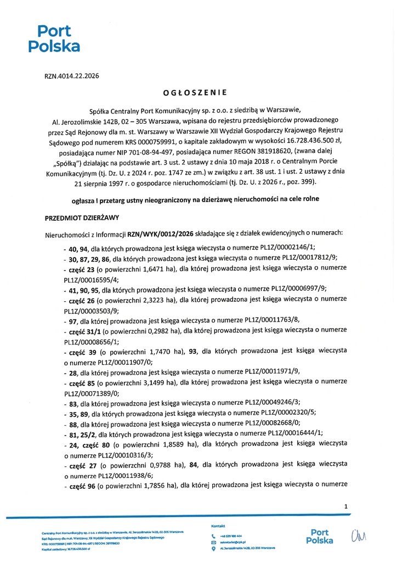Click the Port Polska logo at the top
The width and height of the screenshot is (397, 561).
click(x=53, y=38)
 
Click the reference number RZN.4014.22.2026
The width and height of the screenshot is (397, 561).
click(x=71, y=77)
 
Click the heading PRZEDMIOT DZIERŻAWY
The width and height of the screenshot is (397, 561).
click(x=82, y=217)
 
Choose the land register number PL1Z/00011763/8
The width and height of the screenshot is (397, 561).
click(x=274, y=321)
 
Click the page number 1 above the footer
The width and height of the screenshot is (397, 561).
click(x=346, y=507)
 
